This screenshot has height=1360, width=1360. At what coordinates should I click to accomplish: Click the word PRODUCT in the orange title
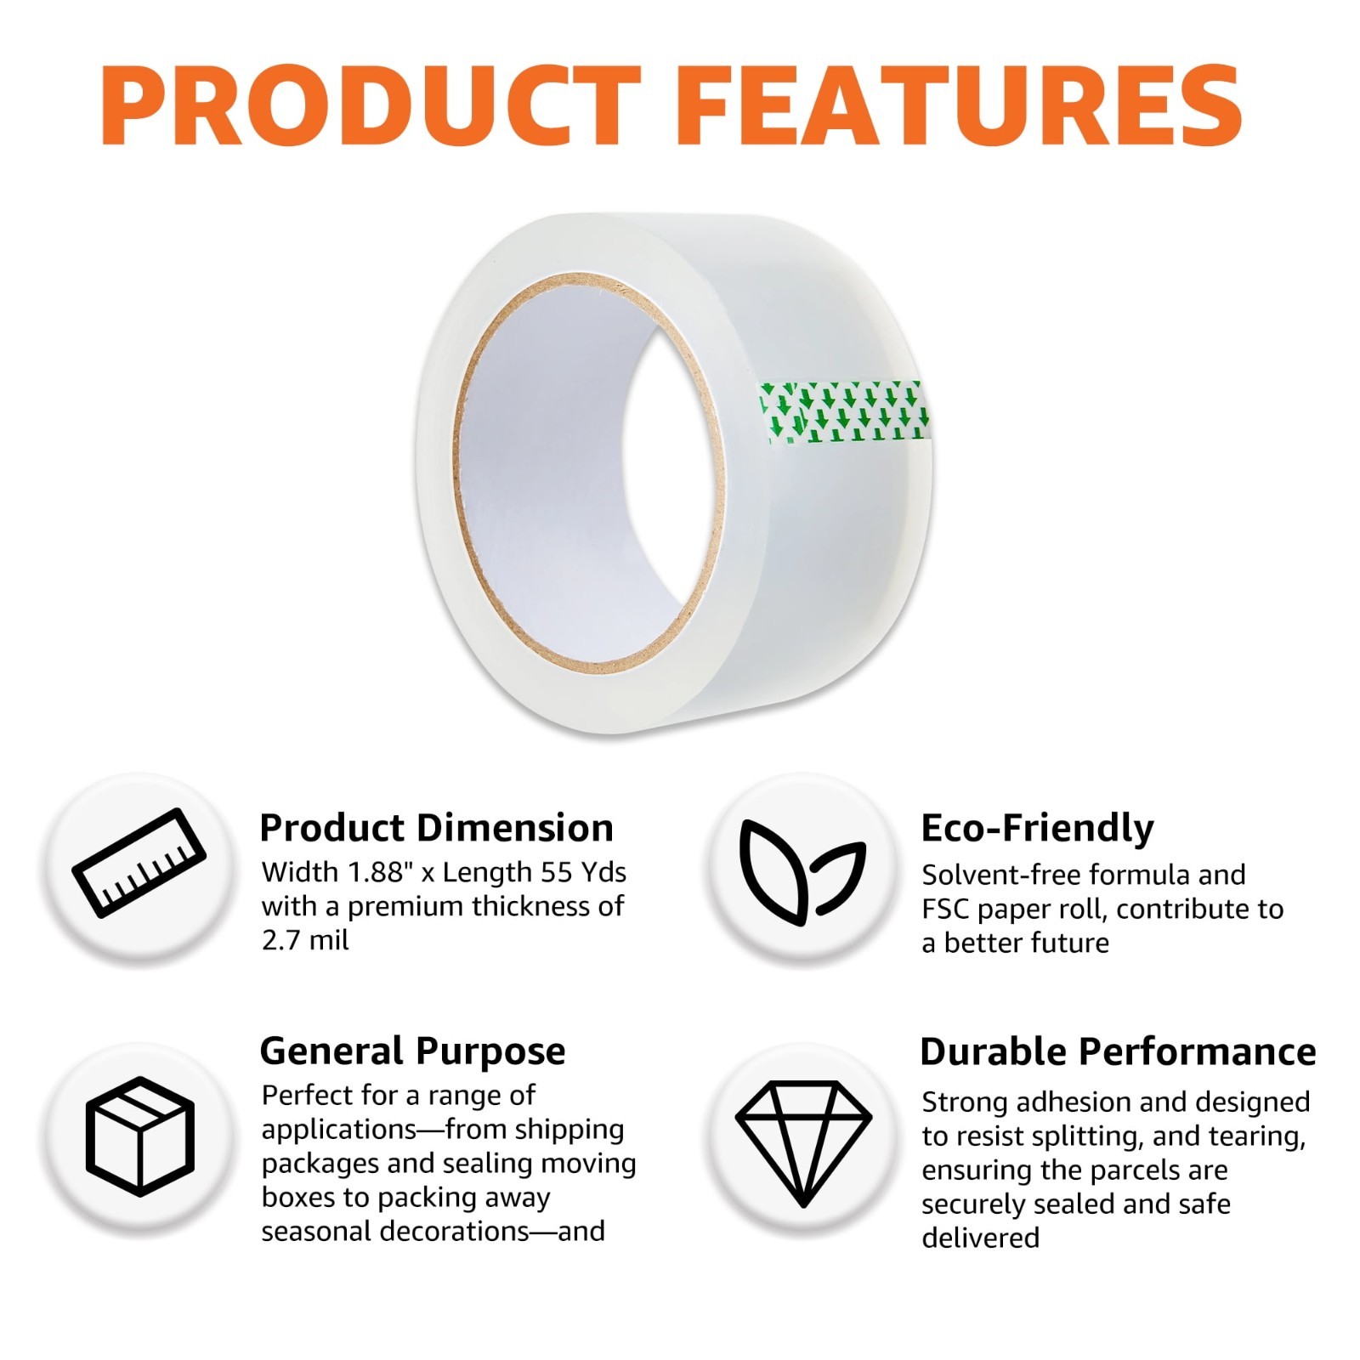coord(371,106)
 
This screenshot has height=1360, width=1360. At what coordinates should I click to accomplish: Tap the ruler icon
coord(139,863)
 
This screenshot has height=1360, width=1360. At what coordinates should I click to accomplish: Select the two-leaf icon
coord(802,871)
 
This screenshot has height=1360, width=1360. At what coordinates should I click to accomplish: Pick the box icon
coord(140,1136)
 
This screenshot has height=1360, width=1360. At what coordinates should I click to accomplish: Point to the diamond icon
coord(803,1143)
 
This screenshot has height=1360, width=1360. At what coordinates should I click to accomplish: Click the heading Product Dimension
coord(436,827)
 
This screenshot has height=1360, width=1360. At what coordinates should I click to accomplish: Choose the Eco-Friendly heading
coord(1037,829)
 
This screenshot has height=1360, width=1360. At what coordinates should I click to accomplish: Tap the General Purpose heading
coord(412,1051)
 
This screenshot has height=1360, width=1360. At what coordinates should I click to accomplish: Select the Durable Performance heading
coord(1118,1051)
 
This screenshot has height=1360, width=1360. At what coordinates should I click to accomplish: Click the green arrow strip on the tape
coord(843,412)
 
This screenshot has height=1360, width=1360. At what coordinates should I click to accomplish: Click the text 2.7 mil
coord(305,940)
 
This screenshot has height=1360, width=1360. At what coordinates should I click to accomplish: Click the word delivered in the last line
coord(980,1238)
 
